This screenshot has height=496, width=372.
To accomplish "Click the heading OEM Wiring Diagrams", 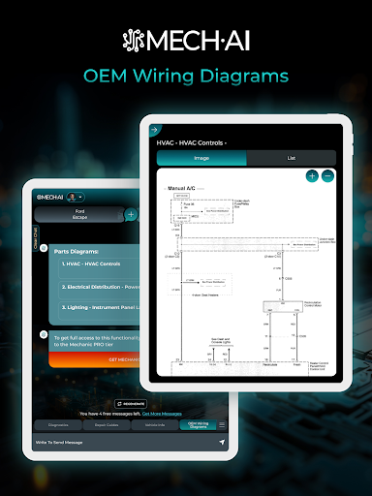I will pos(186,75).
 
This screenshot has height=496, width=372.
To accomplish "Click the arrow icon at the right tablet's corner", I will pos(154,129).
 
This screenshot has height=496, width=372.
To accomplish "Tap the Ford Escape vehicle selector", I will pos(80,214).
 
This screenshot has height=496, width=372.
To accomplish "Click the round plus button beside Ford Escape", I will pos(131,214).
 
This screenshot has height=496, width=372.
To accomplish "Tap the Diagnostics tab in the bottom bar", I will pos(57,424).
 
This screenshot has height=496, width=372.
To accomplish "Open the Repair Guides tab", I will pos(106,424).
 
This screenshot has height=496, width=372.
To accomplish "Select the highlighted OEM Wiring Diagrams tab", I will pos(197,424).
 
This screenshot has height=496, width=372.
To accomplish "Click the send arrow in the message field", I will pos(221,442).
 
